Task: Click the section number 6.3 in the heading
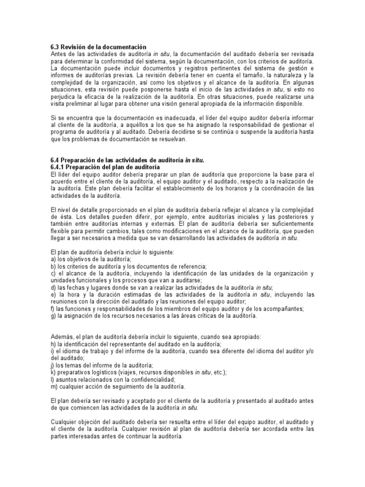[x=55, y=47]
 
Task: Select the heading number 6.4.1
[x=58, y=168]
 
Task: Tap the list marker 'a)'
[x=53, y=259]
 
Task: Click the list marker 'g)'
[x=53, y=316]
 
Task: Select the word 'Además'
[x=61, y=337]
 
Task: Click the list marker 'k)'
[x=53, y=372]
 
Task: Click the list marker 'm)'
[x=54, y=387]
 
